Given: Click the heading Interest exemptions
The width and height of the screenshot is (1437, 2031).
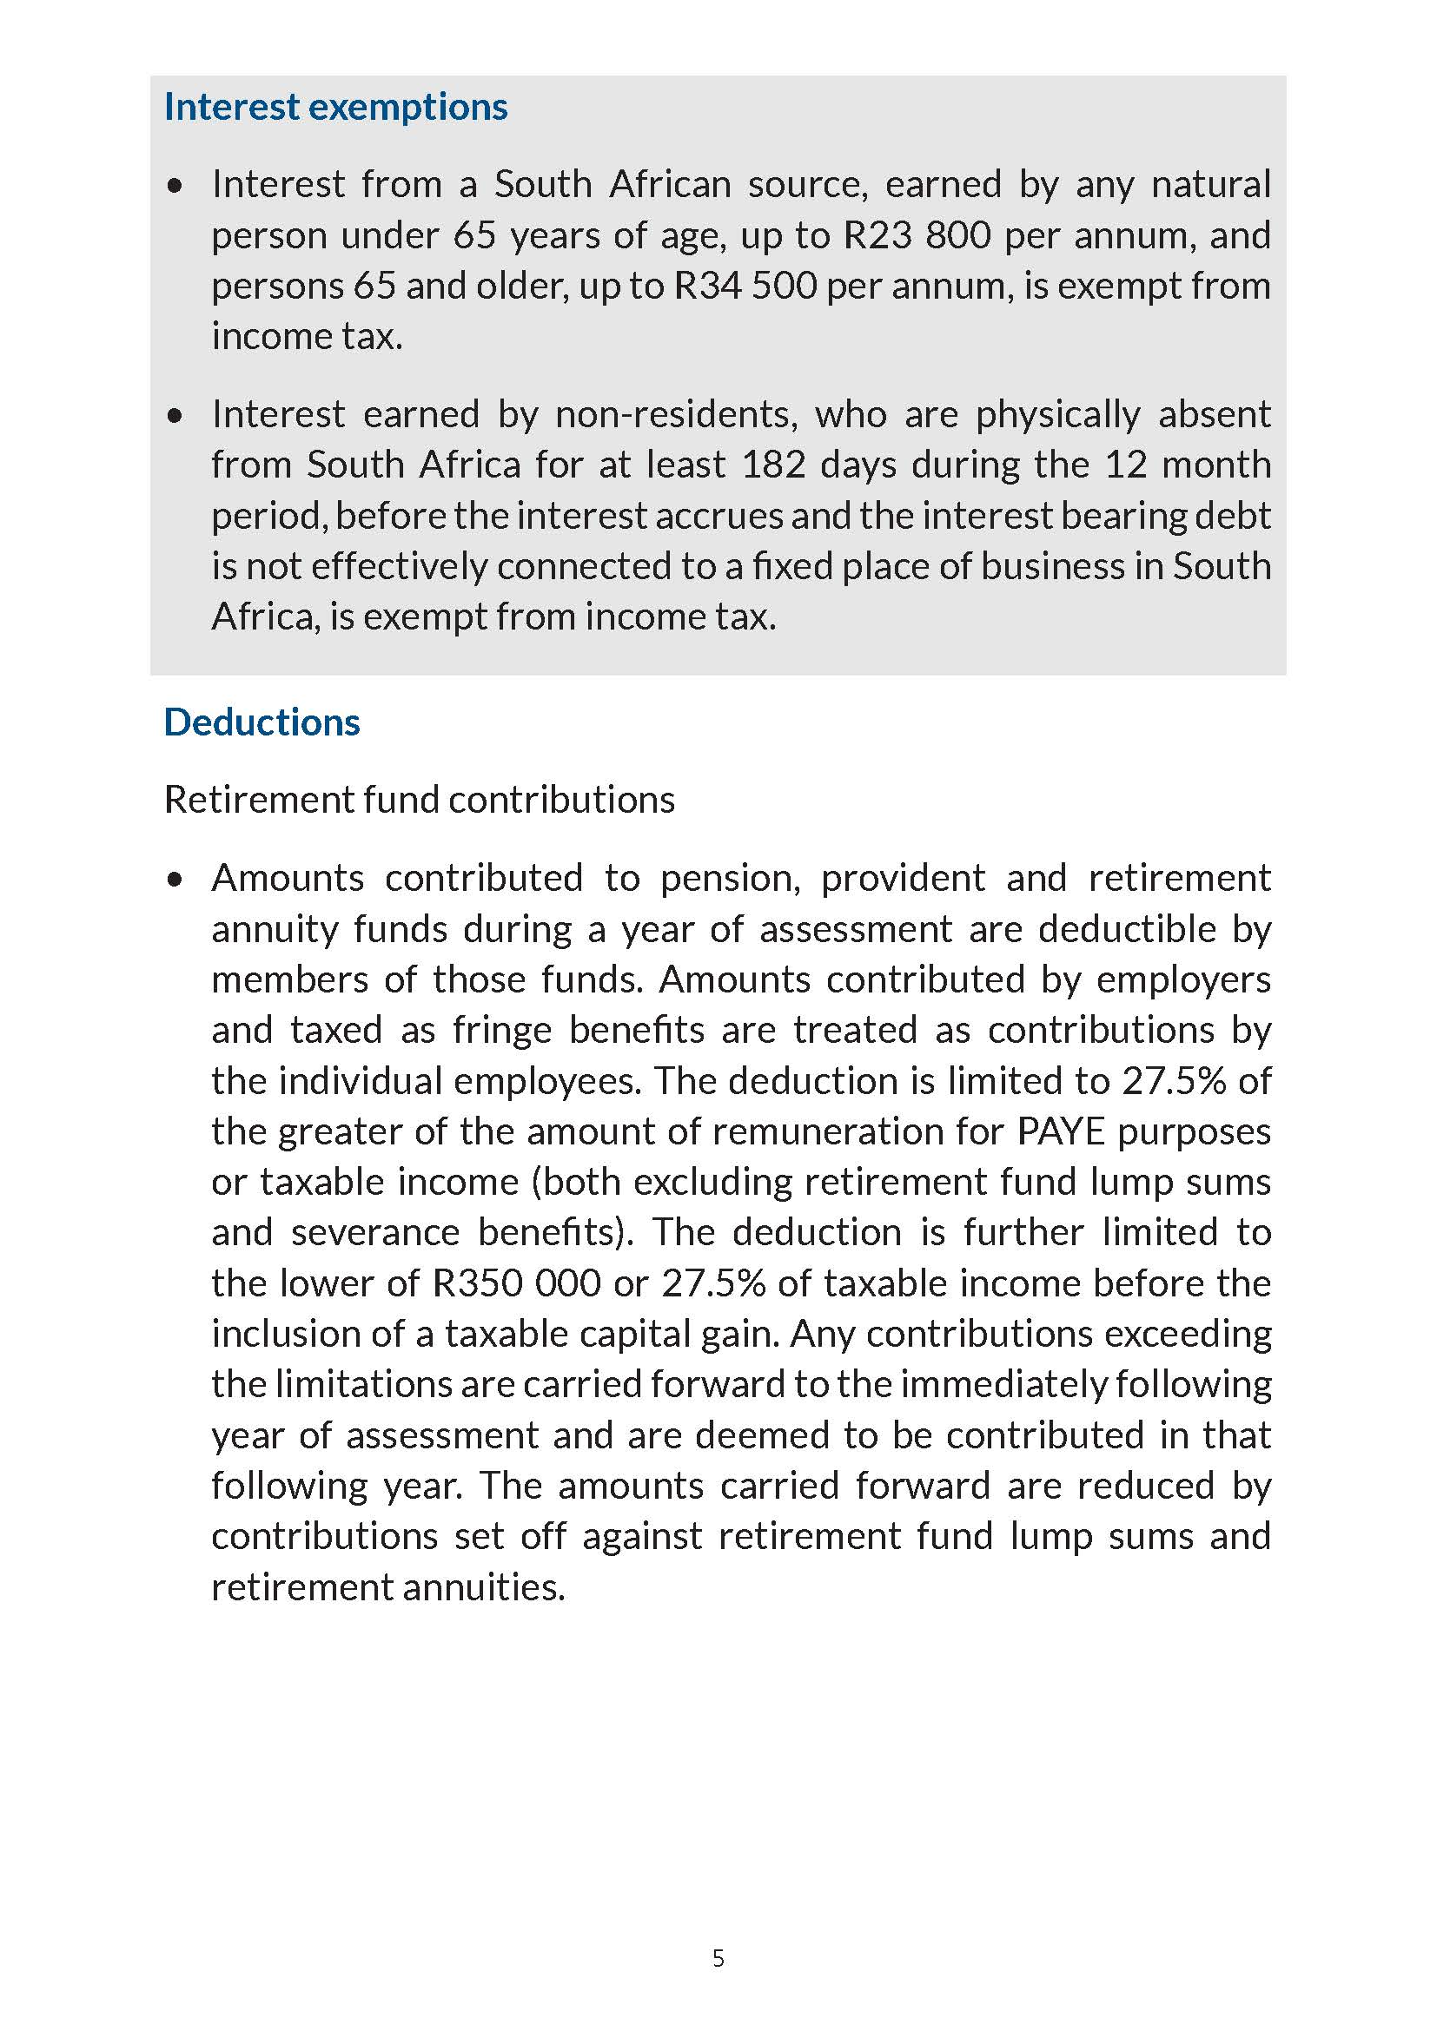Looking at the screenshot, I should click(x=335, y=107).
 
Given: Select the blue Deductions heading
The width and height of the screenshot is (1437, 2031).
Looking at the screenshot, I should click(x=262, y=722).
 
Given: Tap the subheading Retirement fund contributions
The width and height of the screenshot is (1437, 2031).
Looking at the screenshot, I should click(x=420, y=800).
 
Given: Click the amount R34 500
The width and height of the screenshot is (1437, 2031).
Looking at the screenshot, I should click(x=745, y=286).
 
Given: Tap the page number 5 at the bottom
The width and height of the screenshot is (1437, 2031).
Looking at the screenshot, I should click(x=718, y=1958).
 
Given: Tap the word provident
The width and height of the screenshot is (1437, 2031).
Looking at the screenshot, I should click(x=903, y=879).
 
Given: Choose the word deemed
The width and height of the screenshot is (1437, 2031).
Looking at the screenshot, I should click(x=762, y=1434).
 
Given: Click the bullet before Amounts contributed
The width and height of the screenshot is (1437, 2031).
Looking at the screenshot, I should click(x=175, y=880).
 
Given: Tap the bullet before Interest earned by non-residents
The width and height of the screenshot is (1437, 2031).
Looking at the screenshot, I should click(x=175, y=415).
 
